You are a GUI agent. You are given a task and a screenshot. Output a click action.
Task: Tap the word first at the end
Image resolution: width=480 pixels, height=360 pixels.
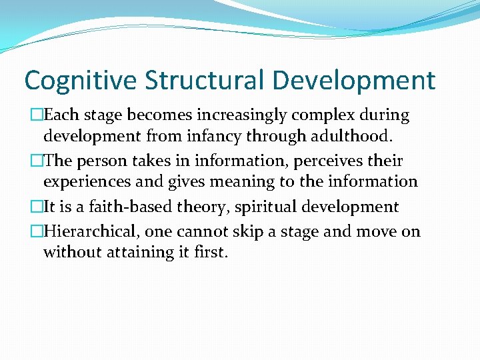tap(211, 253)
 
